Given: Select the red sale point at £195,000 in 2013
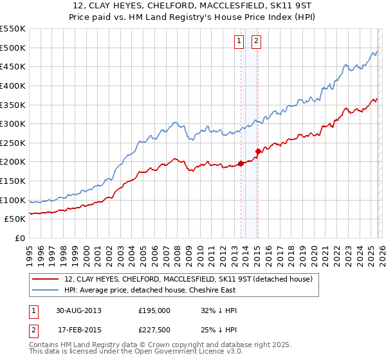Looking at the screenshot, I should [241, 163].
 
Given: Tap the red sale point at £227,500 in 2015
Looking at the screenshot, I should [257, 152].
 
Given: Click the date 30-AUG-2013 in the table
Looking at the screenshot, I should [78, 310].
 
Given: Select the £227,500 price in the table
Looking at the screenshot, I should [154, 330].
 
